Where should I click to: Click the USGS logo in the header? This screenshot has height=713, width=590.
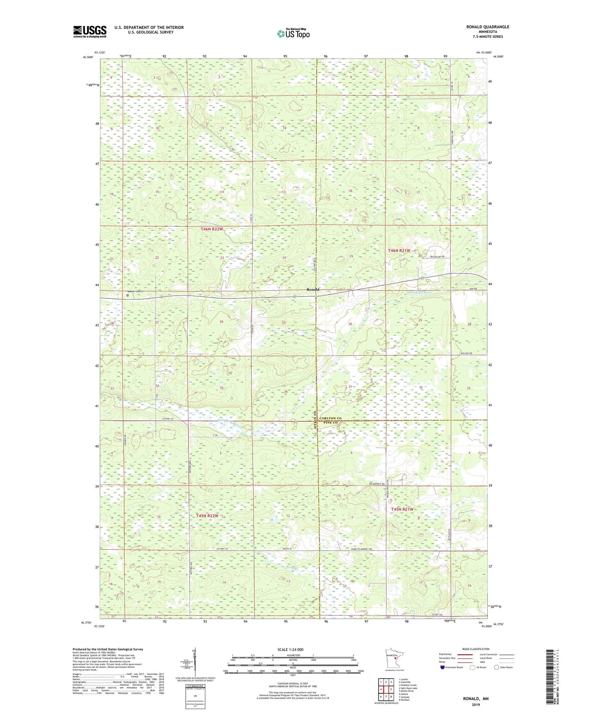click(90, 31)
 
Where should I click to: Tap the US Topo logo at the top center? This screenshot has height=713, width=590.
click(293, 33)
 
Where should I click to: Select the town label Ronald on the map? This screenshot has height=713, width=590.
click(313, 289)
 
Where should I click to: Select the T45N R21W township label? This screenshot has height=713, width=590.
click(402, 509)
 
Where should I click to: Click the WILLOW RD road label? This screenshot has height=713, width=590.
click(465, 354)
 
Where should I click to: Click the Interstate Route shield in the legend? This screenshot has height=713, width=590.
click(443, 667)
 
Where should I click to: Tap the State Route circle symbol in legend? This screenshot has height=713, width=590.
click(497, 667)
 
